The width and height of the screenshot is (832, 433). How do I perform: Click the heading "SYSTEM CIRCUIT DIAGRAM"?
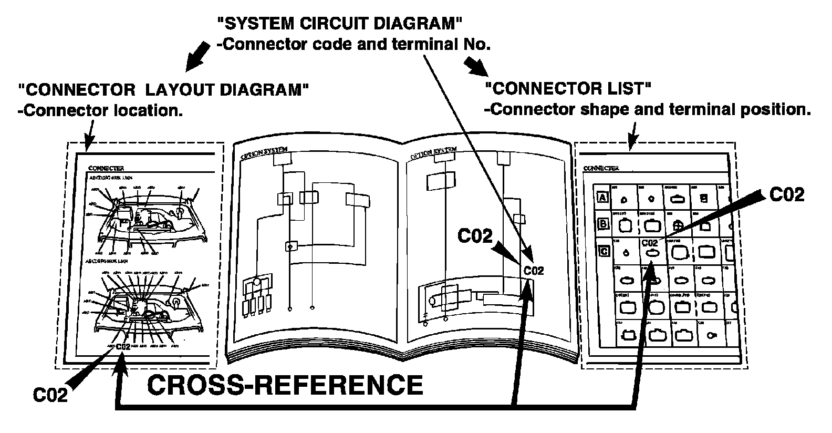coord(339,23)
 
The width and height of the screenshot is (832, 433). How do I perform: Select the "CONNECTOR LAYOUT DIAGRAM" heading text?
coord(162,90)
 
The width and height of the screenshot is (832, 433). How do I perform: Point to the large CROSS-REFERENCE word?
coord(285,385)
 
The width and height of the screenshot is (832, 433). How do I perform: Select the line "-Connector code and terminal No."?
coord(353,44)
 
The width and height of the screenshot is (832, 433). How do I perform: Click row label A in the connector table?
coord(603,198)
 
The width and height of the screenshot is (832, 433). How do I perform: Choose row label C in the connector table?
coord(604,251)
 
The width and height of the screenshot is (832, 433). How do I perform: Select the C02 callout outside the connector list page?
coord(786,195)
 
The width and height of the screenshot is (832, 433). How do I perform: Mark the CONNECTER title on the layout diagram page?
coord(106,168)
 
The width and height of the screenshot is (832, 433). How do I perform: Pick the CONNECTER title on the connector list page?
coord(601,169)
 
